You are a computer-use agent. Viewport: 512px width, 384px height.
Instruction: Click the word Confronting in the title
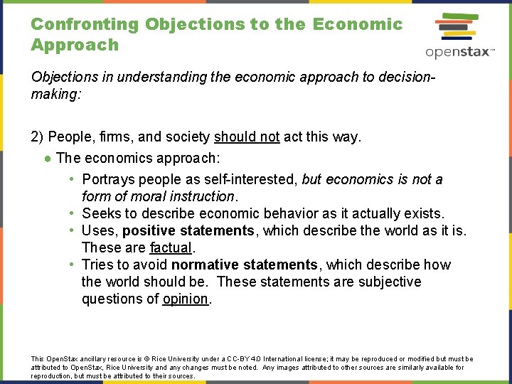pos(85,24)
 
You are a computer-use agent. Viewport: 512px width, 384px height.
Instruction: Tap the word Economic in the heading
pos(357,24)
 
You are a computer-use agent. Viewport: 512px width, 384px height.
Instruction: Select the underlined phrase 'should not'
pos(247,137)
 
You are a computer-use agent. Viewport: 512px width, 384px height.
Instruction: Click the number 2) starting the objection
pos(38,137)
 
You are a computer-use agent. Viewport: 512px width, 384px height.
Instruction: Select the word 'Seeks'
pos(100,213)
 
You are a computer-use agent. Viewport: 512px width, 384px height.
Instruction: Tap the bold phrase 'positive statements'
pos(188,230)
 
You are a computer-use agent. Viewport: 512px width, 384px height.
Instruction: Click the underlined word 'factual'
pos(171,247)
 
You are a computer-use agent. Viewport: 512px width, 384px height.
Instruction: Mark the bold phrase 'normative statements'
pos(244,265)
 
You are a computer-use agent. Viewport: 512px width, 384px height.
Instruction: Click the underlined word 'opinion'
pos(185,299)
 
